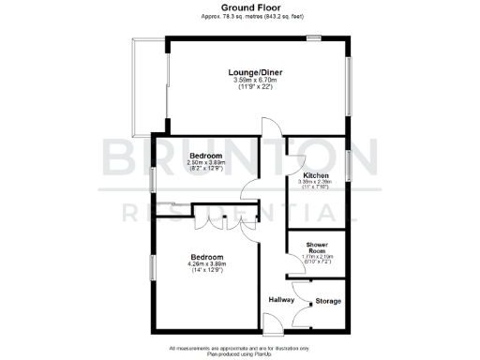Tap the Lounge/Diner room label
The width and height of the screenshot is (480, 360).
pos(255,72)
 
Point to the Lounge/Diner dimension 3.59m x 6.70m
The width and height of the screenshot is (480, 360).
pos(255,81)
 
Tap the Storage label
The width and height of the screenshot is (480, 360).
pos(328,301)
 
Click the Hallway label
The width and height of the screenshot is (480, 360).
pos(281,300)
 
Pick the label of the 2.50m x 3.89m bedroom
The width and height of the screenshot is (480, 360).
pos(205,155)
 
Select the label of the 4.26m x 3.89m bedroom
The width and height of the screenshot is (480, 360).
pos(207,257)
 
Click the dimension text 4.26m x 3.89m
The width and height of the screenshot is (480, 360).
pos(207,264)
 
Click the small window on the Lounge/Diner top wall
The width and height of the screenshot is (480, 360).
pos(314,38)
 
